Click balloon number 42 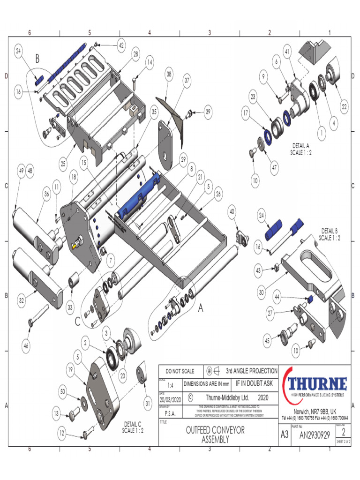click(x=121, y=45)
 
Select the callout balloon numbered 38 click(x=169, y=74)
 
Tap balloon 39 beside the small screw click(x=208, y=112)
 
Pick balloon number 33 click(x=70, y=308)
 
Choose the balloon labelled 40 click(x=232, y=212)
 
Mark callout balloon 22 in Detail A click(x=344, y=107)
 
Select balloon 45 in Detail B click(x=267, y=341)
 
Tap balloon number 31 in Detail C click(x=148, y=403)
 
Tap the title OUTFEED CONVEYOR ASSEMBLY click(x=215, y=435)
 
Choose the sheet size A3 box click(x=284, y=435)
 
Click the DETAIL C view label click(x=133, y=427)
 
